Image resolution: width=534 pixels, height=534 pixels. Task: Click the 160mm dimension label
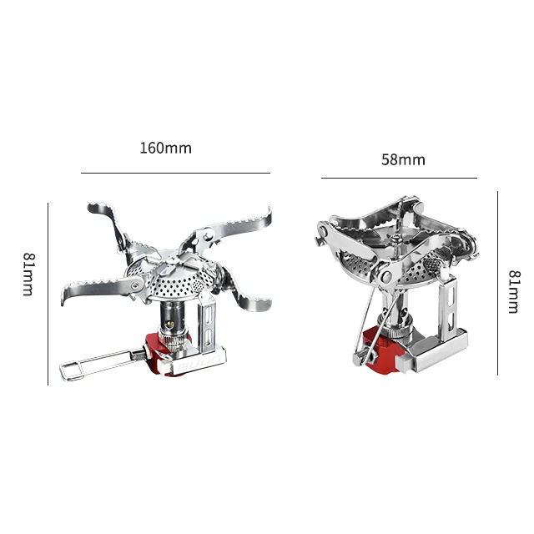[165, 149]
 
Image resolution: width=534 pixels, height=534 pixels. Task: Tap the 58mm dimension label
[403, 159]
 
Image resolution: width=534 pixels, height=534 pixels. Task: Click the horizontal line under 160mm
[175, 173]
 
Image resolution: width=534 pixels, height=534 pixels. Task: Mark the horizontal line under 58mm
[399, 178]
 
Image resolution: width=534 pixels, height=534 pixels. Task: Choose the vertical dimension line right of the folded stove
[497, 284]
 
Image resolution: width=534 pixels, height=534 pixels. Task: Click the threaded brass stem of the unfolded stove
[172, 322]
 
